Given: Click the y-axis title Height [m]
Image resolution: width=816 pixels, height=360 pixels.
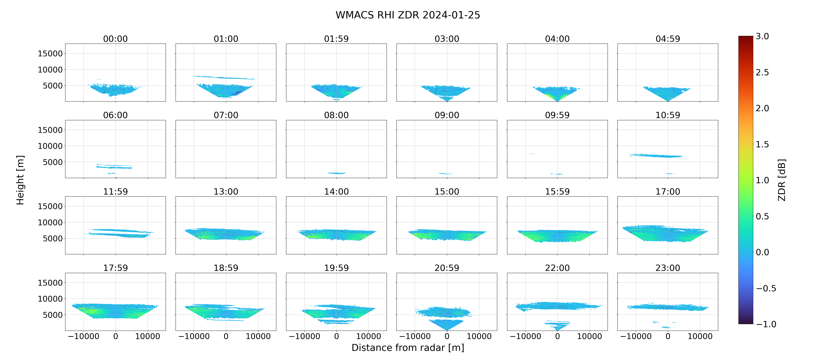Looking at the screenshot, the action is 20,180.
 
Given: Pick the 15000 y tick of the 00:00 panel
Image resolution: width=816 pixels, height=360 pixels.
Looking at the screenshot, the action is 50,54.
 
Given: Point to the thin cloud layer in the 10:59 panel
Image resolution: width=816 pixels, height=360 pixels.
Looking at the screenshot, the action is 656,156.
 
